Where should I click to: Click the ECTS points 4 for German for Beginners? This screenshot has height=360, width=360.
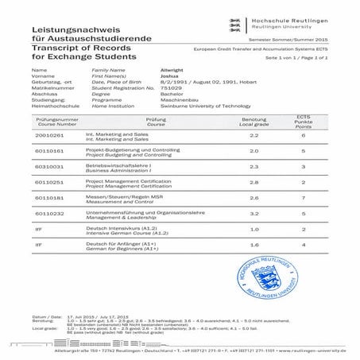303,246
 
